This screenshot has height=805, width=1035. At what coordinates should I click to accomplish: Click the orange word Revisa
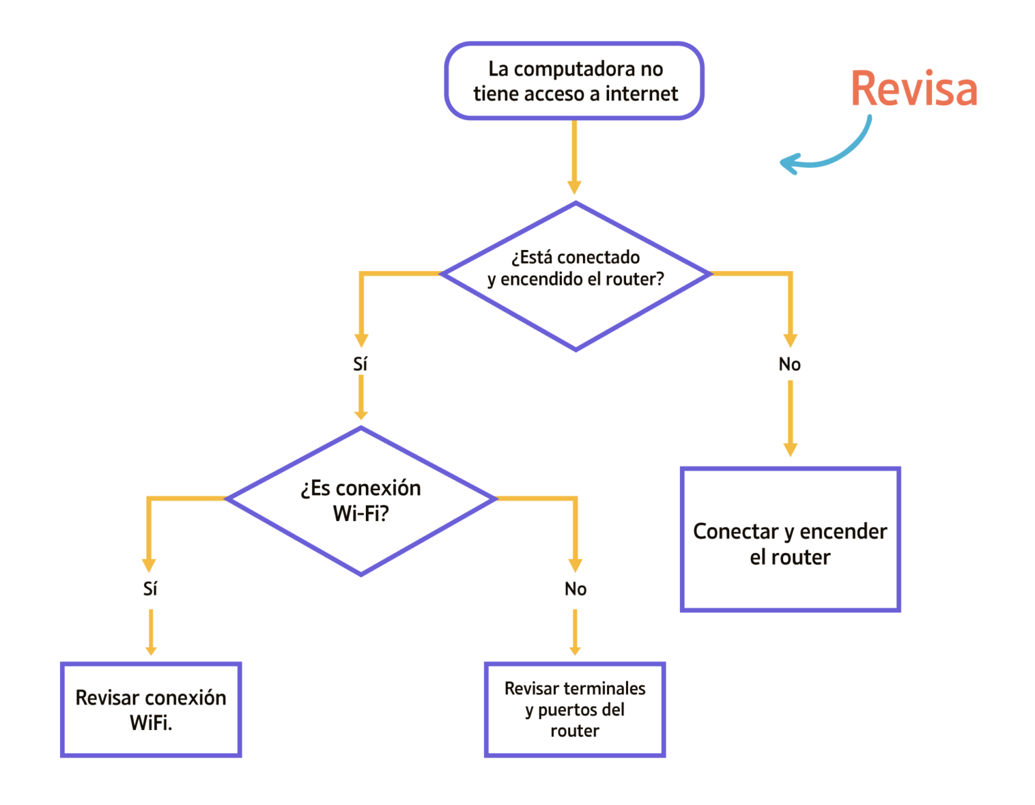tap(914, 89)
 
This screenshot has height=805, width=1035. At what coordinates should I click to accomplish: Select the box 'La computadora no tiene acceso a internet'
tap(575, 81)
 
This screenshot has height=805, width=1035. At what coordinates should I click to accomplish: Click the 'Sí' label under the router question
tap(360, 364)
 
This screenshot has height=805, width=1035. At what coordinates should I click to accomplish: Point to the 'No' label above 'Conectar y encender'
tap(790, 364)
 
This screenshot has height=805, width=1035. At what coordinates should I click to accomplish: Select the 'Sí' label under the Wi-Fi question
tap(150, 589)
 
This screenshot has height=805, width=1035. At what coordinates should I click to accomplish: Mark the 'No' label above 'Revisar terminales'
tap(575, 589)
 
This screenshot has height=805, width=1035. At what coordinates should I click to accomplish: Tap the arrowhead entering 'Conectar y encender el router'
tap(790, 450)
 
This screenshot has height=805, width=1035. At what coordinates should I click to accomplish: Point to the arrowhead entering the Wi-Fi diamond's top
tap(361, 413)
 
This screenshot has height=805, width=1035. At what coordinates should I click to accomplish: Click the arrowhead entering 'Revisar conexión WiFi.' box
tap(151, 649)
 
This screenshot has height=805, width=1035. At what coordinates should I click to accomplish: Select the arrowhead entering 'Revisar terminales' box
tap(575, 649)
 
